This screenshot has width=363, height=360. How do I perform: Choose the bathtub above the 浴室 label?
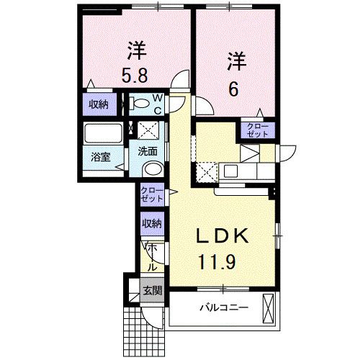point(103,135)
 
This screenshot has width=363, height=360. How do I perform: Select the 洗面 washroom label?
point(149,153)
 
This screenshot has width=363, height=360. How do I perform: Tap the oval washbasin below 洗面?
point(152,170)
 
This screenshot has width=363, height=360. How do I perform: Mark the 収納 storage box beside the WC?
point(99,104)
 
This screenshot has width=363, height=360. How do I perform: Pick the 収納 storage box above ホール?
point(151,223)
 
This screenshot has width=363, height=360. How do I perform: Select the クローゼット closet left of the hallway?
point(151,194)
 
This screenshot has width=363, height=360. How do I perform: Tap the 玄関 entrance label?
point(151,291)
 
